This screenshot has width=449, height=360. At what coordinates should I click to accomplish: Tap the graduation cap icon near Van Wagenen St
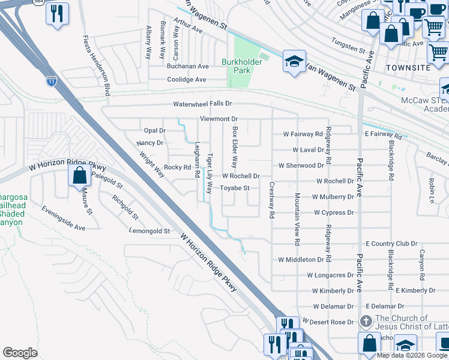coord(294,62)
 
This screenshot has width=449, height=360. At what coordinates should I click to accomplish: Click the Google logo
coord(20,353)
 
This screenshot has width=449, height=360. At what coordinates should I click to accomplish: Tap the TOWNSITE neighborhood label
coord(408,68)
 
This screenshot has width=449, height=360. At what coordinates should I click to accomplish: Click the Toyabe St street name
coord(234,188)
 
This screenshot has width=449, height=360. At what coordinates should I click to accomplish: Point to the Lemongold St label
coord(150,230)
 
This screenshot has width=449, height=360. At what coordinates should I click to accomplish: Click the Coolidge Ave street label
coord(187,79)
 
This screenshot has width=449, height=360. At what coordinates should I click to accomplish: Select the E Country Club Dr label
coord(391,244)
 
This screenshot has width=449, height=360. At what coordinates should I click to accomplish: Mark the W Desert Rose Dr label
coord(328,322)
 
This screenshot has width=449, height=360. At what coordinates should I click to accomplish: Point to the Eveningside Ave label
coord(63,218)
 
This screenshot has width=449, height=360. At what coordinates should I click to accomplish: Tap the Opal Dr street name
coord(154,130)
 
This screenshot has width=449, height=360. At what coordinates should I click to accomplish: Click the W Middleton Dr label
coord(305,260)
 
